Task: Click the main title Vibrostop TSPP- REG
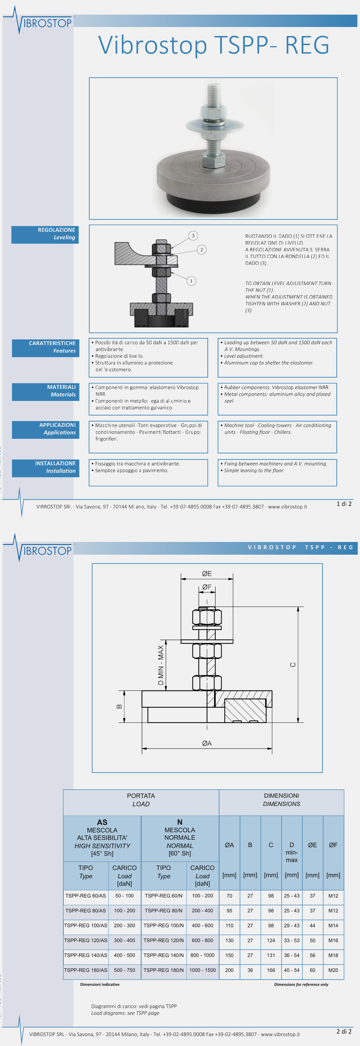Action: [x=213, y=45]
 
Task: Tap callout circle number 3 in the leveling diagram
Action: [x=193, y=236]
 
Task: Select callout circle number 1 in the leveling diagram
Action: [x=191, y=281]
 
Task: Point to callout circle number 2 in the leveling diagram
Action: [x=202, y=249]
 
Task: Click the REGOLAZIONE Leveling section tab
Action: [x=45, y=234]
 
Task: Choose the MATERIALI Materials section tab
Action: [x=45, y=391]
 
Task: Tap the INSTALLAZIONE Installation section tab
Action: [x=45, y=467]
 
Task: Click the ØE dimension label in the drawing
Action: [x=207, y=574]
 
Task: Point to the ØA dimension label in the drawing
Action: [x=207, y=743]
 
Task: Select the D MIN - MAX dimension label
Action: [x=161, y=665]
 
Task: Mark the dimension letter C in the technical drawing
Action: [x=292, y=665]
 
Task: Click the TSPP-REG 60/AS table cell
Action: [x=85, y=896]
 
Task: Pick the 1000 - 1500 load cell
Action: [x=202, y=970]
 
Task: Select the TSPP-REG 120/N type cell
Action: [x=163, y=941]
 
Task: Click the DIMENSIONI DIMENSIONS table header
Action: [x=281, y=800]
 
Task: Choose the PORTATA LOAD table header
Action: [x=141, y=800]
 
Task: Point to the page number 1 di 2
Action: [x=344, y=504]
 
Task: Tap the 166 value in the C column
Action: [x=271, y=970]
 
